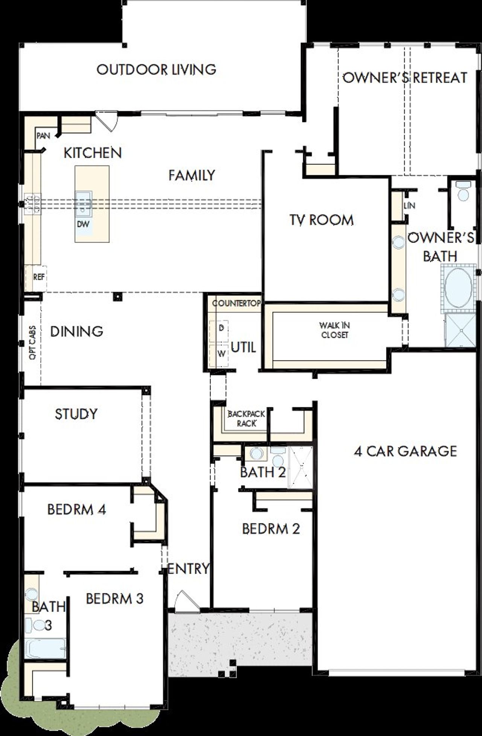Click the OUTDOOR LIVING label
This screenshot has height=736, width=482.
[156, 70]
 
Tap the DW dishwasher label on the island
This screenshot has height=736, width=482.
[83, 224]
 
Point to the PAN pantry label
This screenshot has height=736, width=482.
[43, 136]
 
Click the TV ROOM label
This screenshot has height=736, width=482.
[322, 220]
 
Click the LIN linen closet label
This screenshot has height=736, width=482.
[409, 206]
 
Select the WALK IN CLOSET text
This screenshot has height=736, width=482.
[334, 330]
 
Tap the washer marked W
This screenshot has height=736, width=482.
[222, 354]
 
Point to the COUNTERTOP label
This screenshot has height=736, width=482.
[236, 303]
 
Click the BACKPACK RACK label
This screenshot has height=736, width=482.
[246, 418]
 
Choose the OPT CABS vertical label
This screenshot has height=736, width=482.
[33, 342]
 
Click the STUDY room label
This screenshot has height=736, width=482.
[76, 414]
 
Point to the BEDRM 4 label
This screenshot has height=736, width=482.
[76, 510]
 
